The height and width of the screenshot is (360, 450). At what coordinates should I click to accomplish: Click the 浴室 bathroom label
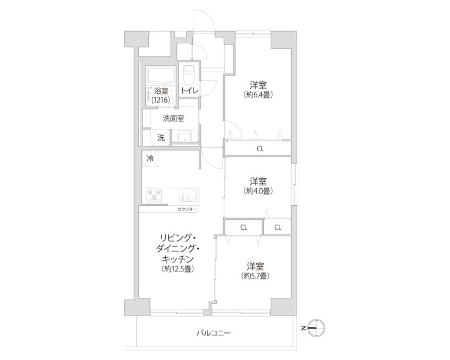click(161, 91)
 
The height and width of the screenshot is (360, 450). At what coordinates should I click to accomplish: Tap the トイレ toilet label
click(189, 91)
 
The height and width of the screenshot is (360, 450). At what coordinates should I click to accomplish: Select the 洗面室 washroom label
click(173, 118)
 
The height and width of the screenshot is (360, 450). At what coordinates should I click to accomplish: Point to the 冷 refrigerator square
click(150, 158)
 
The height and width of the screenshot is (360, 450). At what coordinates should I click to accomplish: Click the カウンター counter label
click(187, 209)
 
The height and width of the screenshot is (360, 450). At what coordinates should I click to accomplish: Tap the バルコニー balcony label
click(214, 334)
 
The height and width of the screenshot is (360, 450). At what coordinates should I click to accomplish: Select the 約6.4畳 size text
click(258, 94)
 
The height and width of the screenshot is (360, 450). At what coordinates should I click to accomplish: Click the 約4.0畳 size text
click(258, 191)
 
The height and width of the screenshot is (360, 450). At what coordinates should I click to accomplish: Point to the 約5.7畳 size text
click(255, 276)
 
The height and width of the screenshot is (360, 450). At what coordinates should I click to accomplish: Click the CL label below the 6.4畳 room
click(260, 149)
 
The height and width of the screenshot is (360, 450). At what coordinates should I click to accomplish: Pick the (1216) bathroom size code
click(161, 100)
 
